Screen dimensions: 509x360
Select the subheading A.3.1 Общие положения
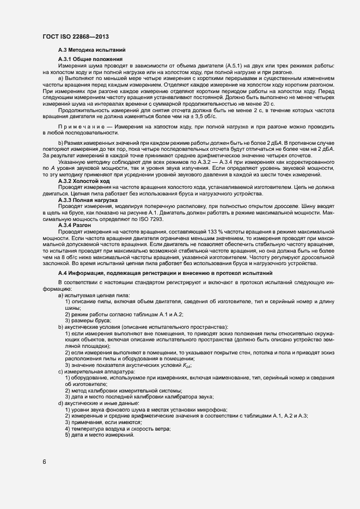click(x=90, y=59)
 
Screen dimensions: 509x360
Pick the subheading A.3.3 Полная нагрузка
click(x=88, y=201)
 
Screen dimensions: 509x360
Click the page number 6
click(x=44, y=462)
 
